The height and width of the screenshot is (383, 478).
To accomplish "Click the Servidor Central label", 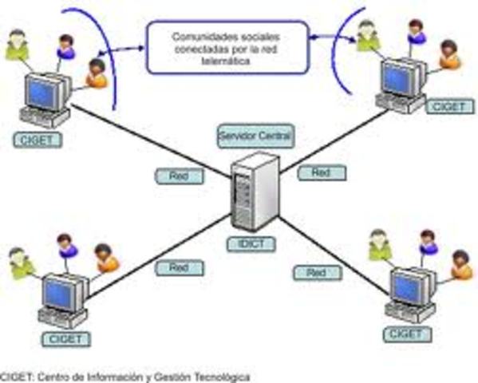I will (x=255, y=136).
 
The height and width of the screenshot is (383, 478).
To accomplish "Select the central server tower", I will (x=255, y=191).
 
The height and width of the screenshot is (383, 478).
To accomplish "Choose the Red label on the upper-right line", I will (x=321, y=172).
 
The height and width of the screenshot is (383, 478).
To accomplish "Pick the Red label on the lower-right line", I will (x=316, y=273).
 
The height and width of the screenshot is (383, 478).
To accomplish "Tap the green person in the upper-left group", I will (x=17, y=45).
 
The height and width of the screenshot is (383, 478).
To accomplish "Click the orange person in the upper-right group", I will (x=449, y=53).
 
